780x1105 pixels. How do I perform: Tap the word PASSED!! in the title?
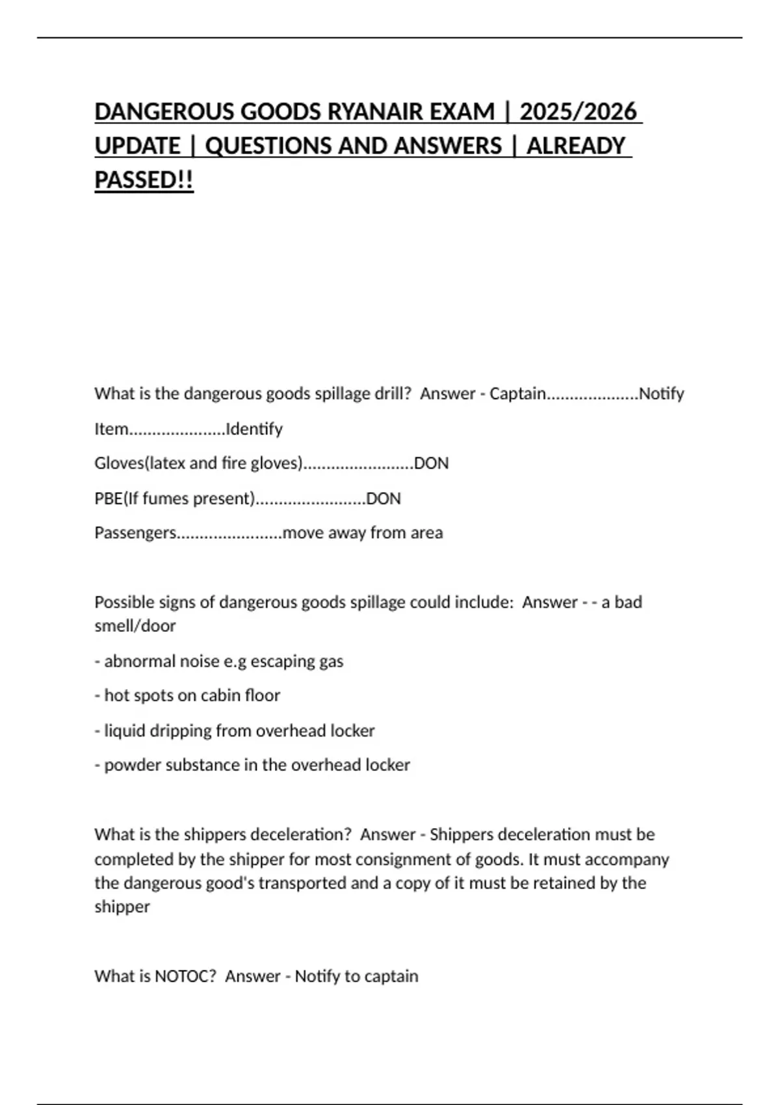(144, 180)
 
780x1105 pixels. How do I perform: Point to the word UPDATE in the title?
(137, 146)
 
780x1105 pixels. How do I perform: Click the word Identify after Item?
(253, 429)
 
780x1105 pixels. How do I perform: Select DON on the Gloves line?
(431, 463)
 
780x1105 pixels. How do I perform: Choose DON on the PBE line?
(383, 499)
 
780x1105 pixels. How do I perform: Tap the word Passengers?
(135, 533)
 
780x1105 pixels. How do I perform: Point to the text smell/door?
(135, 626)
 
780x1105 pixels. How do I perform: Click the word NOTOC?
(185, 976)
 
